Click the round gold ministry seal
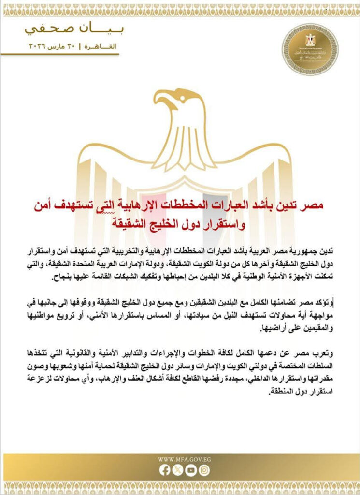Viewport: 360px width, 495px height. (310, 49)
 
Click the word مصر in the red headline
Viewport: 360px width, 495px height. (313, 206)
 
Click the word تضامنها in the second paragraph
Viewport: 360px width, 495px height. (274, 302)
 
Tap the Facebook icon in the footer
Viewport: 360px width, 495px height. (165, 469)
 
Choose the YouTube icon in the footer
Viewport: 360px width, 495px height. (191, 469)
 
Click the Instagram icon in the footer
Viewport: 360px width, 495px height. (204, 469)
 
